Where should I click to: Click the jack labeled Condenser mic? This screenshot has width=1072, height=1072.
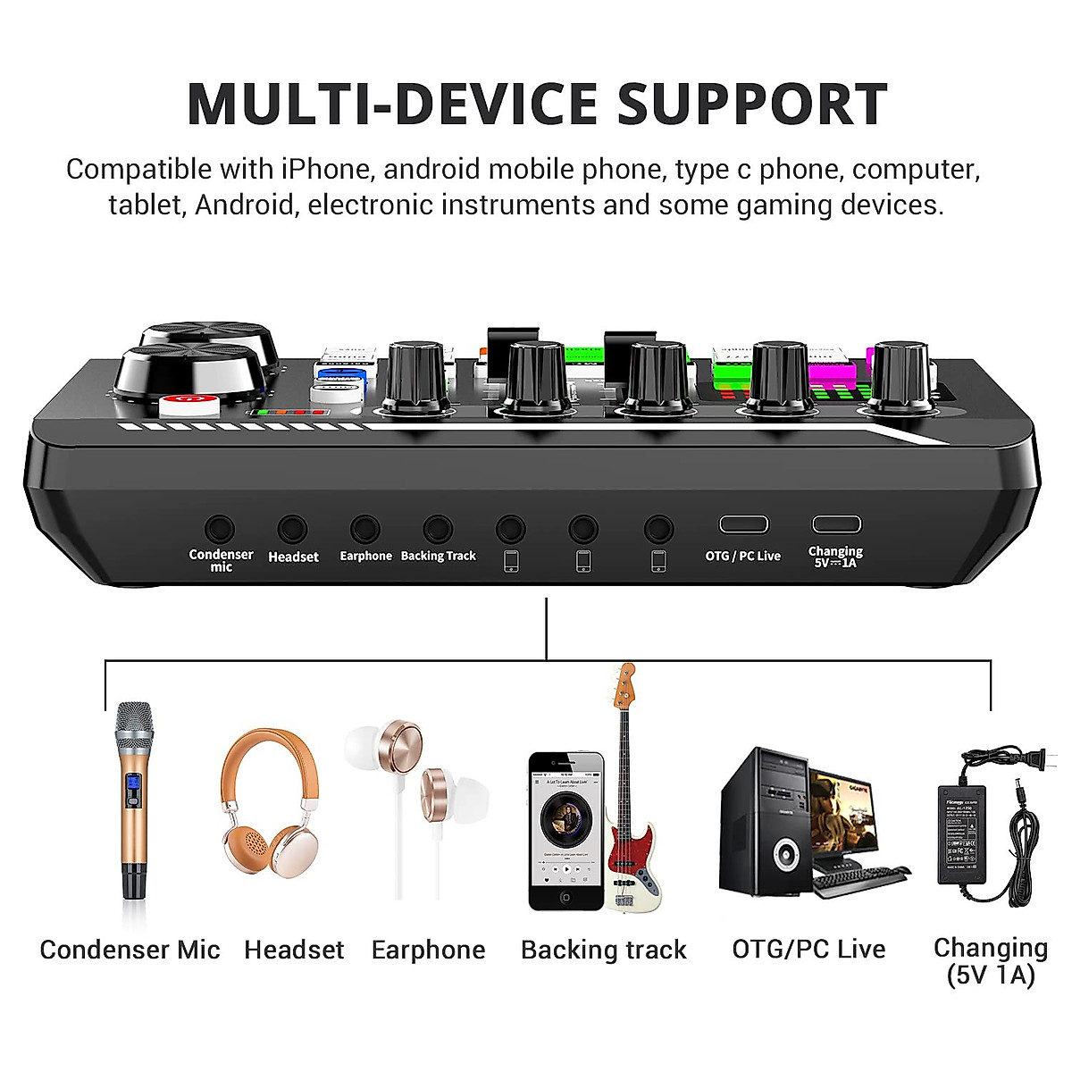point(220,530)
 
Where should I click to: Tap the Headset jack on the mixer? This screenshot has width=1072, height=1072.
point(292,530)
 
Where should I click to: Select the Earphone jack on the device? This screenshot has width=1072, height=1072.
point(364,530)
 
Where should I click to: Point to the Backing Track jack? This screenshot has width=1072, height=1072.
point(438,530)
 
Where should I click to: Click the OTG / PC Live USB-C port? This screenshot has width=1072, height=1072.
point(743,524)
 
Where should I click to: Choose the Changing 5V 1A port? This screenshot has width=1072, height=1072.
point(836,524)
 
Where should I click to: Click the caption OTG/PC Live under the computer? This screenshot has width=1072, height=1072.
point(808,949)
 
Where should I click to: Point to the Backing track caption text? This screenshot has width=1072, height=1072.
point(604,950)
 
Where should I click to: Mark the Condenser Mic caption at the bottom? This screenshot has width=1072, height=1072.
point(130,950)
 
